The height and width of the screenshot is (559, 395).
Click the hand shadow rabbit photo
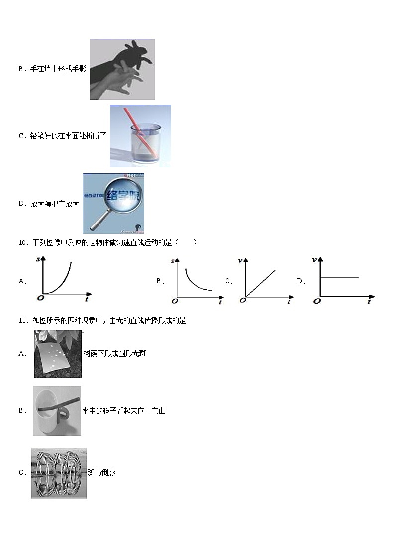122,69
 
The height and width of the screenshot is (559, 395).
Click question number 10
22,243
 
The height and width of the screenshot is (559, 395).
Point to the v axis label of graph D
314,260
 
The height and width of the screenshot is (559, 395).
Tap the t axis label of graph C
289,302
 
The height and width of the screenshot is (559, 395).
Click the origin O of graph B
174,301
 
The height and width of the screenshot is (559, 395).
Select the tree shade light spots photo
58,354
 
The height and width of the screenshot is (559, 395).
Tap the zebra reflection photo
59,473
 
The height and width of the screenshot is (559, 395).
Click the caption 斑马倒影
101,473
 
